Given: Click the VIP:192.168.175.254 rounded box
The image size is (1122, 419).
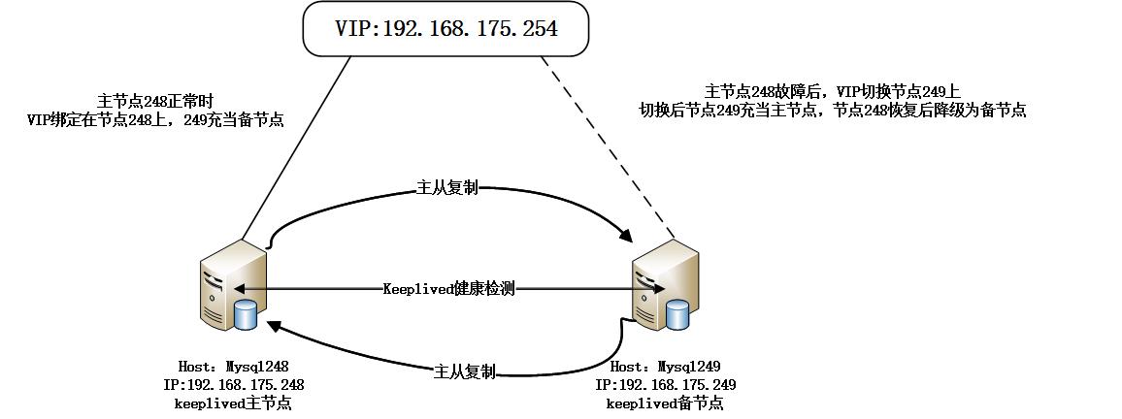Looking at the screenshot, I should [445, 28].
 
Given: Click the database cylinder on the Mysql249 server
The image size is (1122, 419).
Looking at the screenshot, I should [678, 314].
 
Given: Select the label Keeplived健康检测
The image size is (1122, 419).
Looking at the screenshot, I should [448, 289].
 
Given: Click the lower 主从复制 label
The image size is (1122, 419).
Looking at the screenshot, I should [466, 371].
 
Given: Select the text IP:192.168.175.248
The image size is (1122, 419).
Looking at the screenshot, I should [233, 385].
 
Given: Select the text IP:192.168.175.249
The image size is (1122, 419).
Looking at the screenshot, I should [665, 385].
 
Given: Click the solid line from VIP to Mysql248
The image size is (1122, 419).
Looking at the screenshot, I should [296, 145].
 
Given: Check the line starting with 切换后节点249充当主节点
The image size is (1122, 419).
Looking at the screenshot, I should [832, 111].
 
